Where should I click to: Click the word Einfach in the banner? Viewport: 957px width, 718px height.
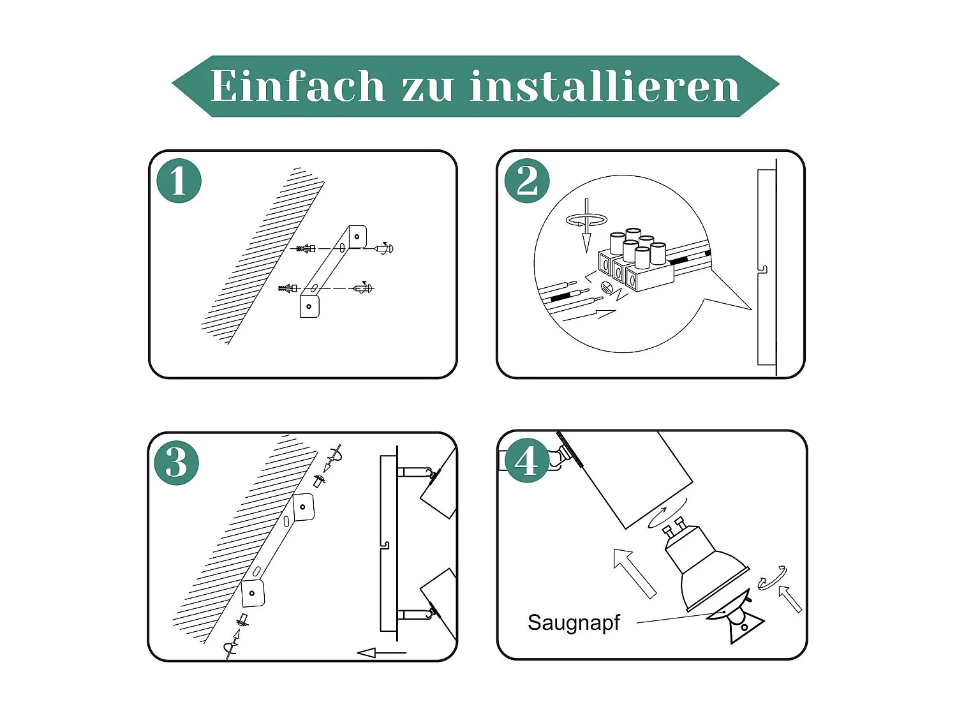297,86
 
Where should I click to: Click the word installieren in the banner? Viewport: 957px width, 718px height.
605,86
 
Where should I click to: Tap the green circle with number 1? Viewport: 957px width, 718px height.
179,181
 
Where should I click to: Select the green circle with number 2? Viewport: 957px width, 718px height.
527,181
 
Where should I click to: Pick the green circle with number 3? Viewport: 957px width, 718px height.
177,463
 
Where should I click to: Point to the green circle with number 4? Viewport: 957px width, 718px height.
526,460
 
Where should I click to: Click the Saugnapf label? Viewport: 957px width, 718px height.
574,622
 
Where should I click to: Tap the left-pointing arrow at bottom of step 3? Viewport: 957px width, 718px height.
381,652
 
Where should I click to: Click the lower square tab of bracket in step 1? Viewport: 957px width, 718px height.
309,306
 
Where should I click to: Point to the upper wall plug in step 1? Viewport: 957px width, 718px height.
307,248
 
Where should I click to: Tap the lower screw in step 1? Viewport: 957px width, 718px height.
363,288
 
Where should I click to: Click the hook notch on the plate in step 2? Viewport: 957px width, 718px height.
763,271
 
